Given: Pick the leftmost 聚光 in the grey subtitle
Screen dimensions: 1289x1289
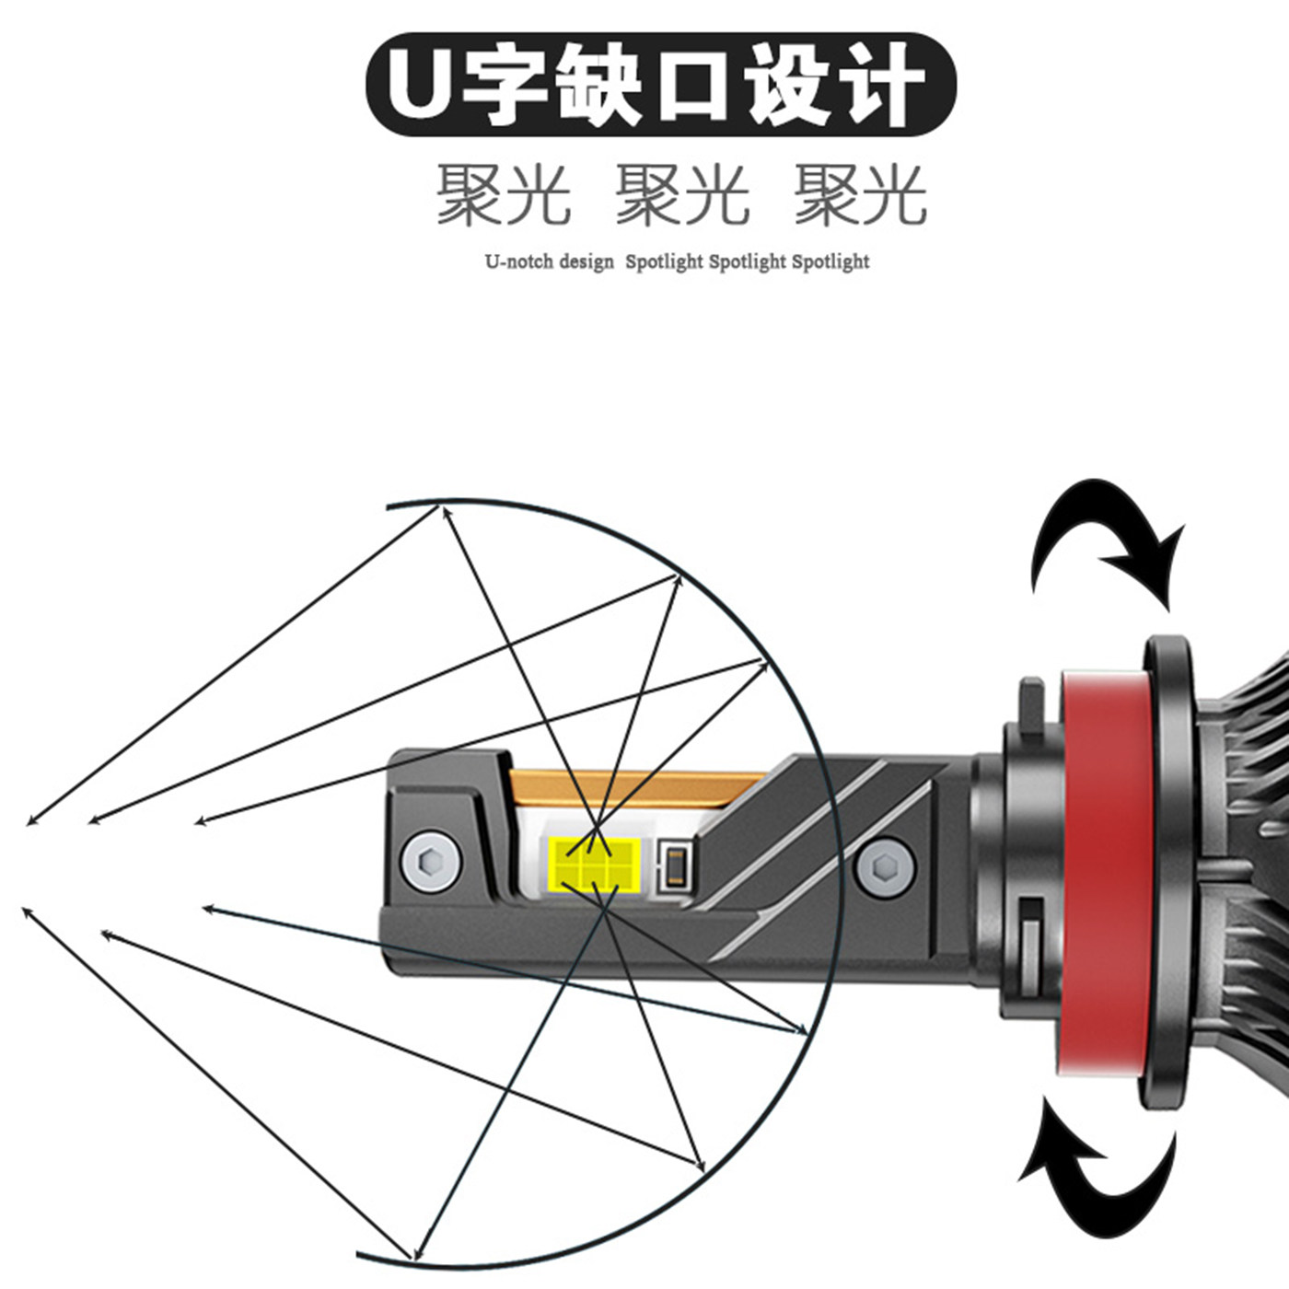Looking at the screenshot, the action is click(x=503, y=195).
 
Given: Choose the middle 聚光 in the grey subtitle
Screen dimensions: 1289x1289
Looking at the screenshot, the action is click(x=681, y=195).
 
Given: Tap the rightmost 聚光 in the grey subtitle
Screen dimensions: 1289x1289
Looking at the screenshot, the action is click(x=860, y=195).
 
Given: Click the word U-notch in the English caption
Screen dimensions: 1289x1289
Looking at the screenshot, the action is click(x=518, y=261).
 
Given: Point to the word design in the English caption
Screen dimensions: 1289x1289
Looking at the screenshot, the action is click(x=586, y=261).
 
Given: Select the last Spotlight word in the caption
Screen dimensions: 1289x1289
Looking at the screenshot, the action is click(x=830, y=261).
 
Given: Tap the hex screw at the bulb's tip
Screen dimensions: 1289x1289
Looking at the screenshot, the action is click(x=427, y=863).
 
